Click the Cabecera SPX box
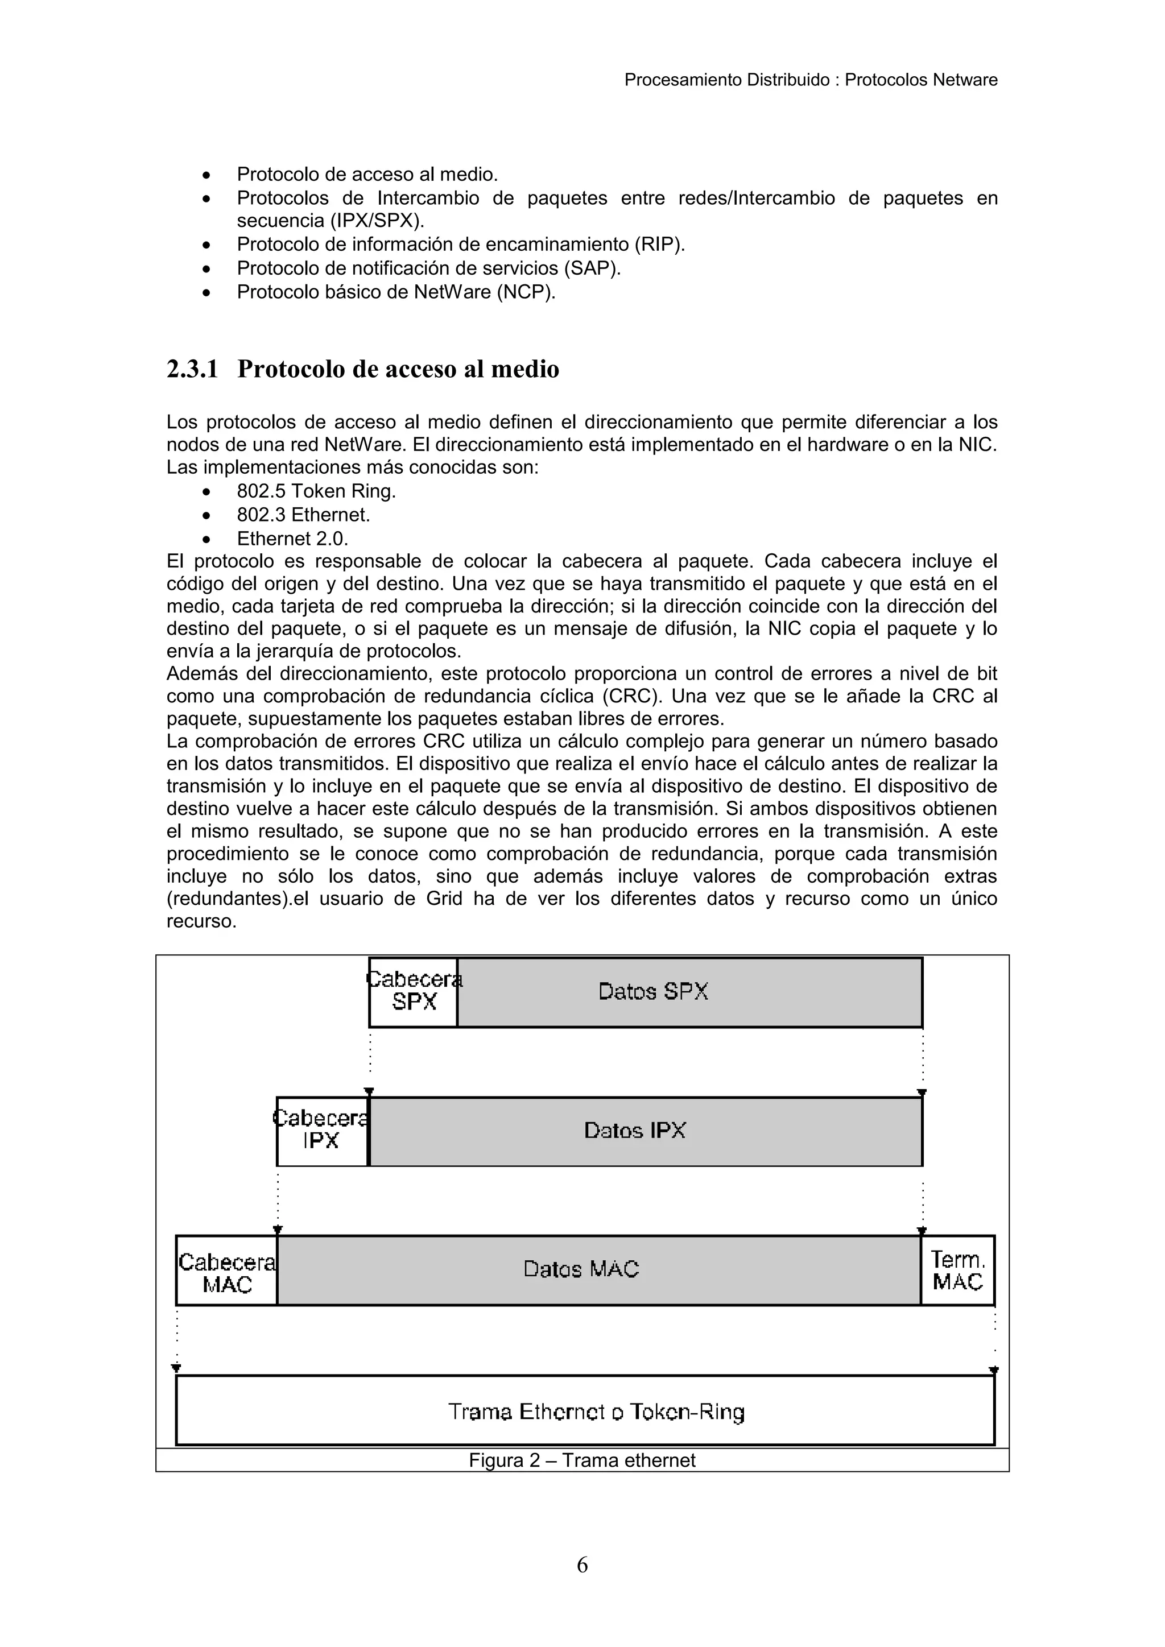tap(414, 991)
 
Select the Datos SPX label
tap(653, 991)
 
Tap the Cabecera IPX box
tap(322, 1131)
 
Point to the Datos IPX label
tap(635, 1131)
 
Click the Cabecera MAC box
tap(227, 1270)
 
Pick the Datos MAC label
tap(581, 1270)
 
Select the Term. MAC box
tap(958, 1270)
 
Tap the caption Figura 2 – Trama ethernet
tap(582, 1460)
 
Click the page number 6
tap(582, 1565)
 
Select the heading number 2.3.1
tap(192, 370)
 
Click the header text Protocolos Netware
tap(920, 80)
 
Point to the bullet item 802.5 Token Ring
tap(316, 491)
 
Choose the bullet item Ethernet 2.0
tap(293, 539)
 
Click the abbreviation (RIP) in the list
tap(659, 245)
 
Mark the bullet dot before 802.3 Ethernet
tap(206, 516)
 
